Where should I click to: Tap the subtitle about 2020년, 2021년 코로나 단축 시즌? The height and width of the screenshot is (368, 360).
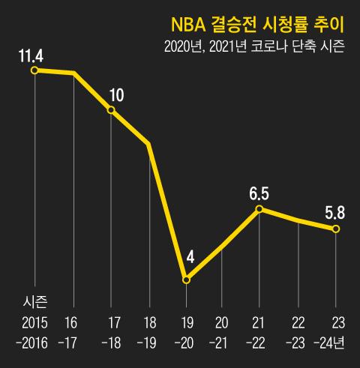pos(254,46)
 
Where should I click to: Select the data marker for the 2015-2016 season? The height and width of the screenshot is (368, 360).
pos(34,70)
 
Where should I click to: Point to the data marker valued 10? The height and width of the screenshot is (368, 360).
pos(111,110)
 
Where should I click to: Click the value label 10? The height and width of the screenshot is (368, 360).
pos(116,95)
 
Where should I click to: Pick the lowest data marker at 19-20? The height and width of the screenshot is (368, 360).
pos(186,280)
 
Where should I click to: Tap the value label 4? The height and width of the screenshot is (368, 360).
pos(190,257)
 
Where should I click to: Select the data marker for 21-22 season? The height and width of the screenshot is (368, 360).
pos(259,209)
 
